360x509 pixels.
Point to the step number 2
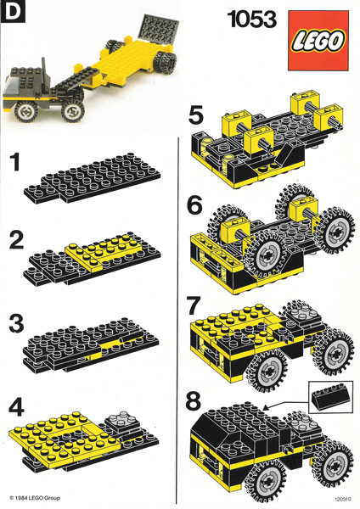pos(16,241)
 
